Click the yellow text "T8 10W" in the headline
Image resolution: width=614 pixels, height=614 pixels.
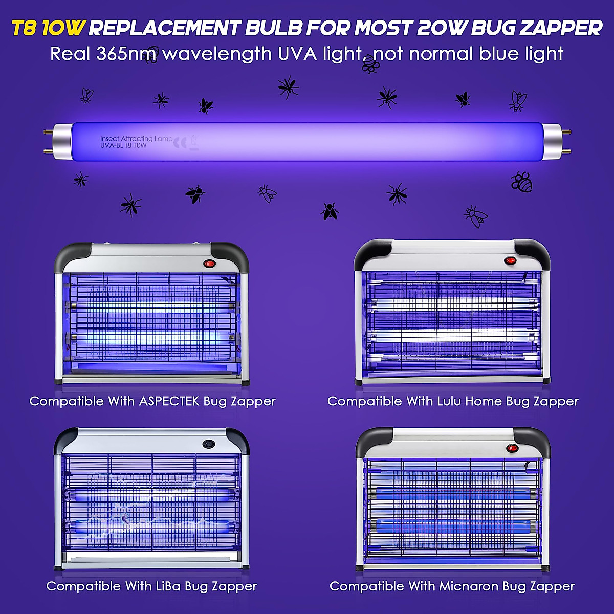pyautogui.click(x=47, y=28)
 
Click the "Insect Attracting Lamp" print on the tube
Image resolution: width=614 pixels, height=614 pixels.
pyautogui.click(x=136, y=139)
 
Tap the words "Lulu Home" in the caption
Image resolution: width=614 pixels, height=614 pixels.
pyautogui.click(x=469, y=401)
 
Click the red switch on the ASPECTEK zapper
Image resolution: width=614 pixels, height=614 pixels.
pyautogui.click(x=209, y=264)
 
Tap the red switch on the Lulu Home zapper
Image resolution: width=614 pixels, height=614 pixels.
pyautogui.click(x=510, y=260)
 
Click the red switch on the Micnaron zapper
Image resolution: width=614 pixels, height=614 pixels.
pyautogui.click(x=512, y=448)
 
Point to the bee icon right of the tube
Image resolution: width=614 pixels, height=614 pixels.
pyautogui.click(x=521, y=182)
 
